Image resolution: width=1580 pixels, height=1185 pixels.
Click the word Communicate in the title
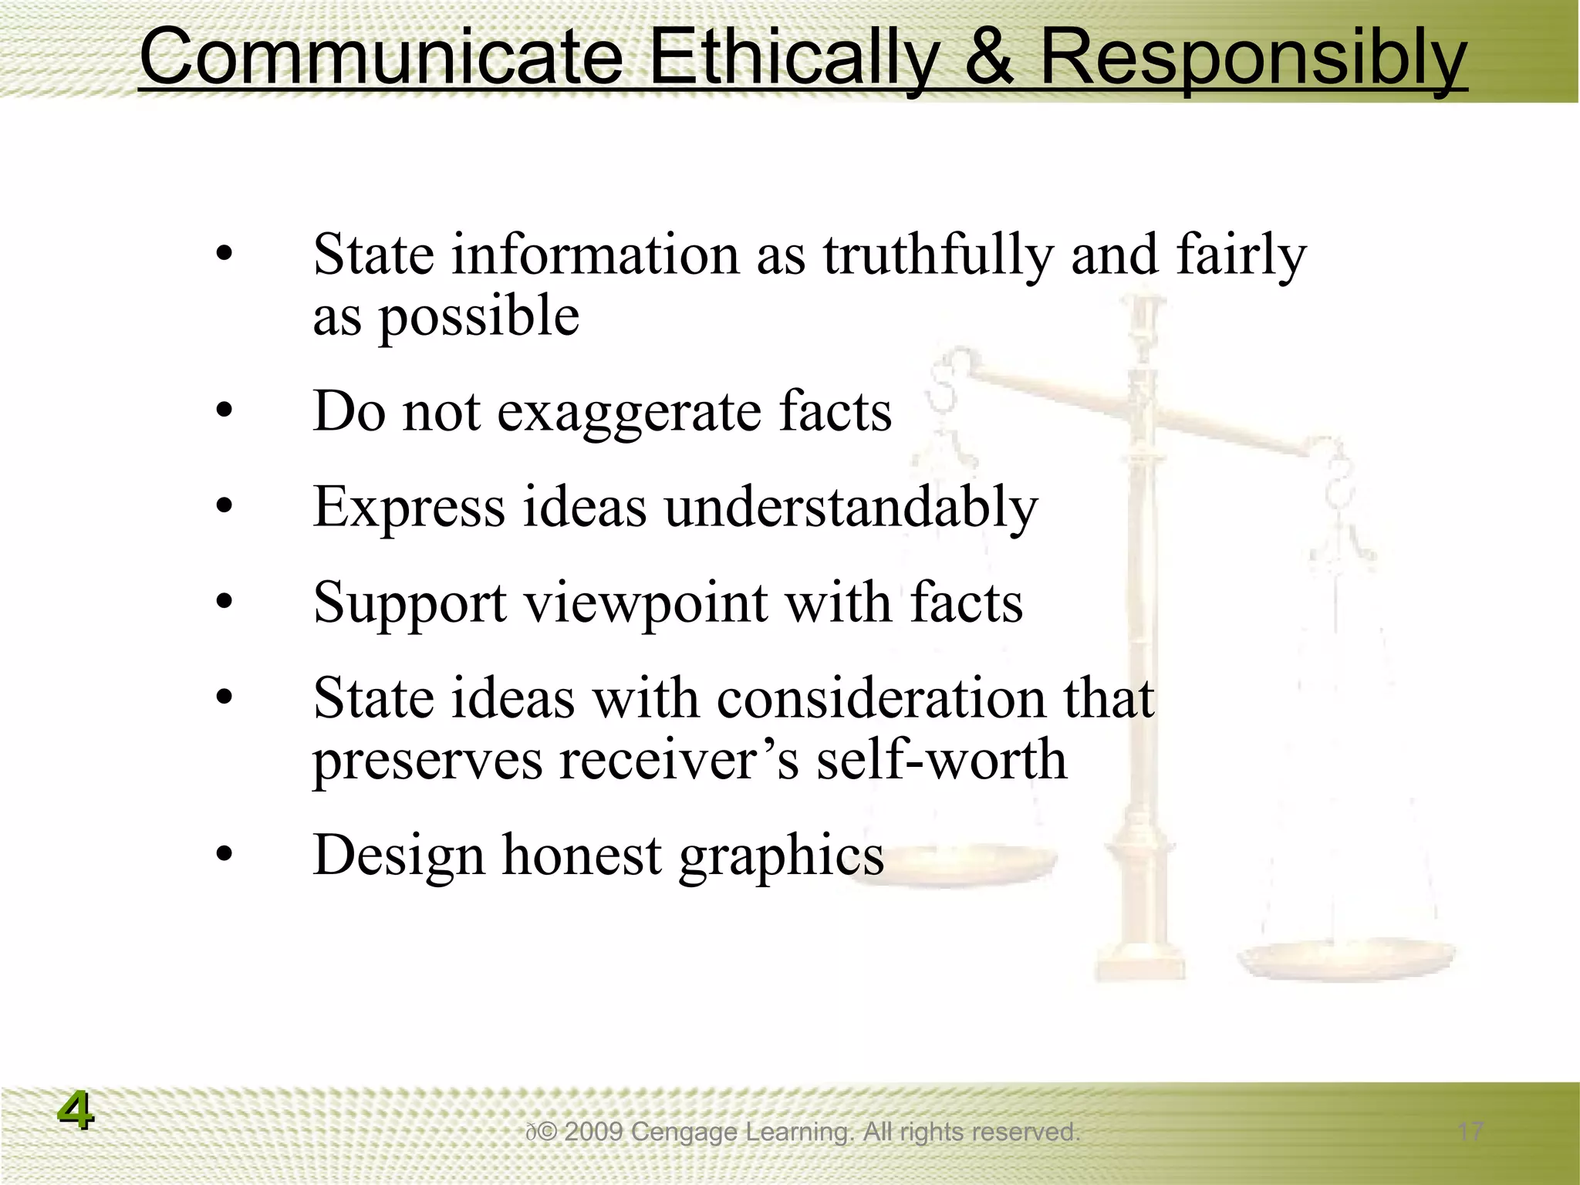[x=380, y=57]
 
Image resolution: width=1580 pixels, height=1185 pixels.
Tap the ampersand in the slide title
[x=988, y=57]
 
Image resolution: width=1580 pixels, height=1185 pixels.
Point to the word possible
[x=478, y=318]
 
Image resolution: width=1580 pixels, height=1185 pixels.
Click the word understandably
[x=851, y=508]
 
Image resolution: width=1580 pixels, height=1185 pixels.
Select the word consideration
[x=881, y=699]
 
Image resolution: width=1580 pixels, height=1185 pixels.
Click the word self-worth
[x=942, y=761]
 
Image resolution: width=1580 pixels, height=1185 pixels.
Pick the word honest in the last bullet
[x=582, y=856]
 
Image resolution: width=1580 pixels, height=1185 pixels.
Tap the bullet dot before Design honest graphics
[x=225, y=855]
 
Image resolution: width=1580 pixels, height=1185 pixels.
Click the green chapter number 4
[x=76, y=1112]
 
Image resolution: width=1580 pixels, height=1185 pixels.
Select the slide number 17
[x=1470, y=1133]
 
